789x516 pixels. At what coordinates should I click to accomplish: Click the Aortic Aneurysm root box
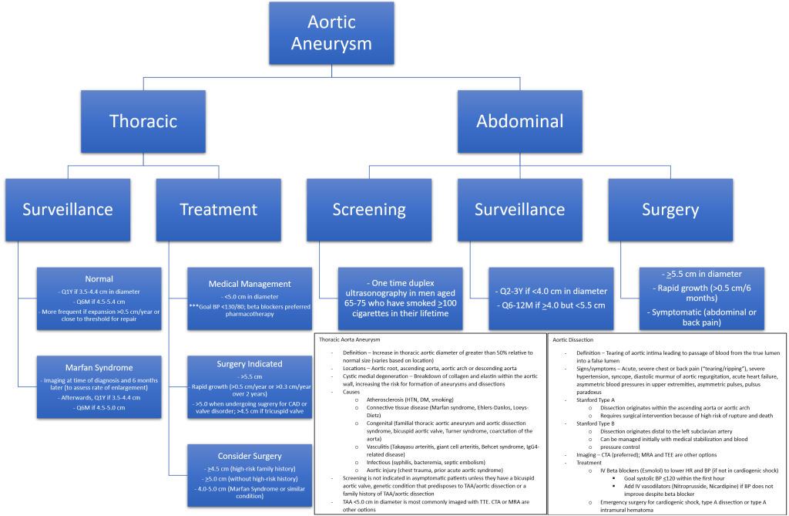click(x=331, y=33)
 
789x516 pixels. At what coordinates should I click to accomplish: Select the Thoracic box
click(x=143, y=120)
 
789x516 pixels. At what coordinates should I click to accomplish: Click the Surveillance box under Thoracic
click(x=67, y=209)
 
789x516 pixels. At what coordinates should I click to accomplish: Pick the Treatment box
click(x=218, y=209)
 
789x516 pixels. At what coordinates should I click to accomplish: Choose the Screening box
click(x=369, y=209)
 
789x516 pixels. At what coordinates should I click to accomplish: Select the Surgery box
click(x=670, y=209)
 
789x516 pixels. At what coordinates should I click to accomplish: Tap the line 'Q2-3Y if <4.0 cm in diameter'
click(x=549, y=291)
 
